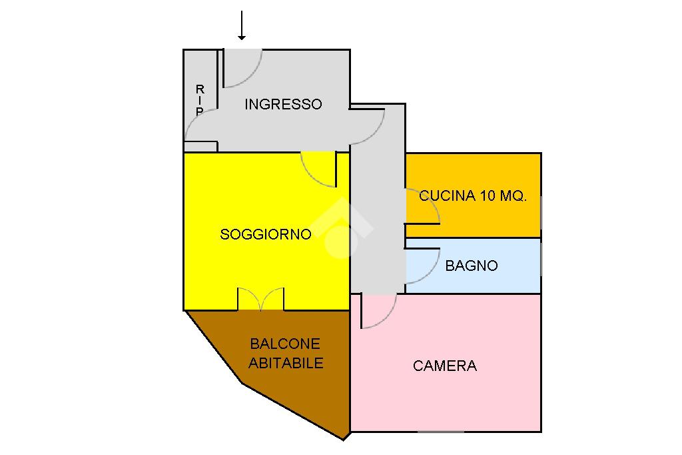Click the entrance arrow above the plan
click(242, 25)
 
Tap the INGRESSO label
click(283, 105)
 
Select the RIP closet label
click(199, 100)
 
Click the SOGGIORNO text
click(266, 234)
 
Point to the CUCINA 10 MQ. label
click(473, 196)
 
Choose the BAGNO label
click(472, 266)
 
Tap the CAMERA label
click(445, 366)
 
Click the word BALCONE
click(285, 344)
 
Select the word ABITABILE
click(286, 363)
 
